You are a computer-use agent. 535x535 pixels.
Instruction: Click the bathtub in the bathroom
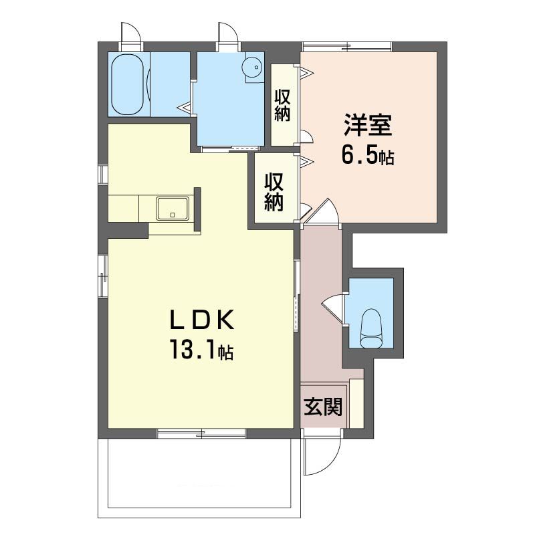click(x=128, y=84)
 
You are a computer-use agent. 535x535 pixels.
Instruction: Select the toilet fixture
click(x=370, y=328)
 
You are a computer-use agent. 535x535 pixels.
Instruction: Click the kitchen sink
click(x=173, y=209)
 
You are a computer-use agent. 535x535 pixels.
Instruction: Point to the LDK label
click(x=202, y=320)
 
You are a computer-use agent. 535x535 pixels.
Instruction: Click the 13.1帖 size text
click(x=201, y=350)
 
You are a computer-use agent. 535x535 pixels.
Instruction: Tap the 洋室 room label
click(x=367, y=125)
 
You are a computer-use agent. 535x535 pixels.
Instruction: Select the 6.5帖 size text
click(x=367, y=156)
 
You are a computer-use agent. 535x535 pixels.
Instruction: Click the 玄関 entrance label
click(x=323, y=407)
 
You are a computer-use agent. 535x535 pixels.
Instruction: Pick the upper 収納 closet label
click(x=283, y=106)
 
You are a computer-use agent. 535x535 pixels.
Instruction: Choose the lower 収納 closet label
click(x=274, y=193)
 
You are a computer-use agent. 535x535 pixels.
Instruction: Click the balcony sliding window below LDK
click(x=201, y=433)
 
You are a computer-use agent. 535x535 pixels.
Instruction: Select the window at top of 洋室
click(x=347, y=47)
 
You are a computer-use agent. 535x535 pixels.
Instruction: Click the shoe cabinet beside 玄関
click(x=356, y=403)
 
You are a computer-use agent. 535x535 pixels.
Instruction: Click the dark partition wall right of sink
click(x=197, y=209)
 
